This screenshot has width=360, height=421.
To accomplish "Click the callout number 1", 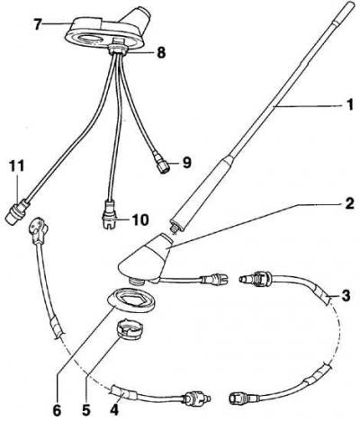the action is pos(349,105).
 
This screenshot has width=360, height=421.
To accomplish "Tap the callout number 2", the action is pos(349,203).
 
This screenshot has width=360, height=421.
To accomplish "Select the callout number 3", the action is pos(346,296).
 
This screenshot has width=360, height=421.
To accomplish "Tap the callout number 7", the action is pos(38,24).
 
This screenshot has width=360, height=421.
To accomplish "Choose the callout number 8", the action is pos(161,53).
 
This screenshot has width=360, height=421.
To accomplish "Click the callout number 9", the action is pos(186,163).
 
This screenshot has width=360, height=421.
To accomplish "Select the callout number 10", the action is pos(139,219).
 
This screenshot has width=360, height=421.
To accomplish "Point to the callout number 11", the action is pos(16,166).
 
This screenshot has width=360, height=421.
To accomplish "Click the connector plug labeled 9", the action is pos(161,164).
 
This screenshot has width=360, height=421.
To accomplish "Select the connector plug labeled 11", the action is pos(18,211).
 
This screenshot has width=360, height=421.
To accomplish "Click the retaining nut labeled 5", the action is pos(130,329).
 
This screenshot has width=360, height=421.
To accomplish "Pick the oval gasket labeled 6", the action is pos(132,300).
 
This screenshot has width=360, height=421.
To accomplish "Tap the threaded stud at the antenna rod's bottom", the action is pos(174,227).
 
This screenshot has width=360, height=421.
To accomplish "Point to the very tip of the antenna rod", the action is pos(357,3).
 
